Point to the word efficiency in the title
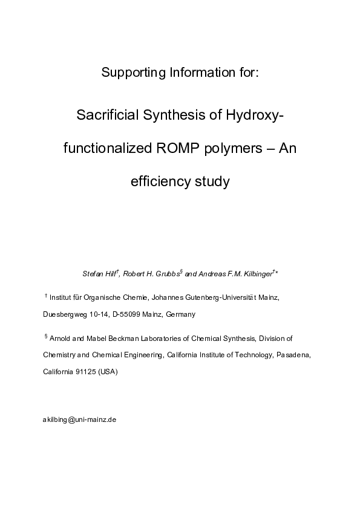point(159,181)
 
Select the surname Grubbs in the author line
point(164,274)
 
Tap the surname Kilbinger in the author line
point(255,274)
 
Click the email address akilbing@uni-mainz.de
point(79,419)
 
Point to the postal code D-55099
point(125,315)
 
